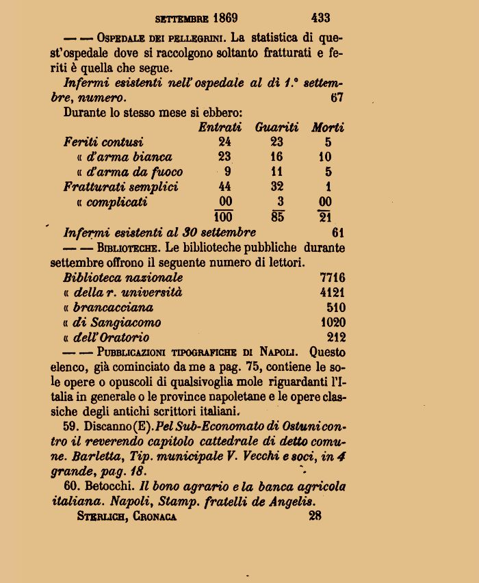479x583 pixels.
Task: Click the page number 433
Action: tap(320, 17)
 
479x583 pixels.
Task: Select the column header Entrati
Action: tap(220, 127)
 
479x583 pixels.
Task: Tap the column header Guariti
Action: tap(276, 127)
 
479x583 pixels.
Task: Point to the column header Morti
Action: tap(328, 127)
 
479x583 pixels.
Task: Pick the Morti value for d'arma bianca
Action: tap(328, 157)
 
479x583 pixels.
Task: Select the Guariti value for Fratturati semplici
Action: tap(277, 187)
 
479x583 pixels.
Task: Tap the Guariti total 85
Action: tap(277, 217)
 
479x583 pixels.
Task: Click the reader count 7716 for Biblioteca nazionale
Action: tap(333, 278)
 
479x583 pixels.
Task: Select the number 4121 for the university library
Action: tap(333, 293)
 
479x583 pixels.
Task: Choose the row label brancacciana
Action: tap(113, 307)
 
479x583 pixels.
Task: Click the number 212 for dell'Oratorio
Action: tap(336, 337)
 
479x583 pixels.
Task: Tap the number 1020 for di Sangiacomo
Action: tap(333, 322)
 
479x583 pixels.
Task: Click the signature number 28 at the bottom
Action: tap(315, 517)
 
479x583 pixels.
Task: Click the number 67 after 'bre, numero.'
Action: tap(336, 97)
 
